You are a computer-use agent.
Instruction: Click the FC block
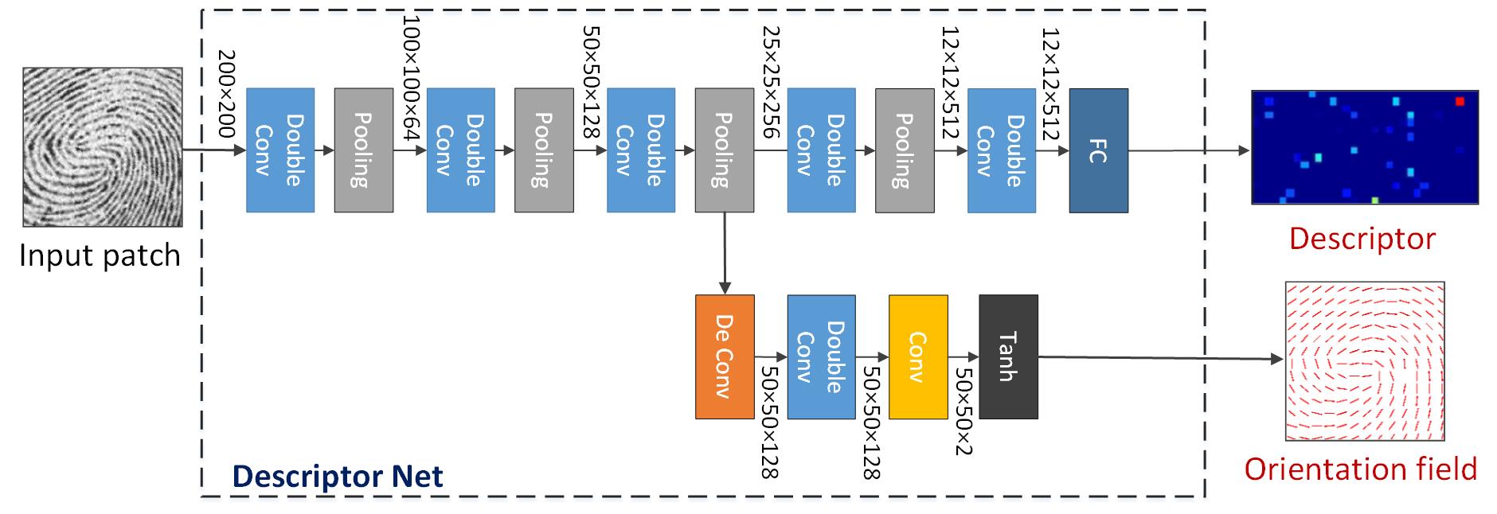1098,150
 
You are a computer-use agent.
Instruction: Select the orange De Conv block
724,356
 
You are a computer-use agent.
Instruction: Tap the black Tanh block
1008,356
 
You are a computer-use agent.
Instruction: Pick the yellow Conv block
917,356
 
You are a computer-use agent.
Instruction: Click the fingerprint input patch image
102,147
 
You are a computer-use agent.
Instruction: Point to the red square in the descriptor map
1460,101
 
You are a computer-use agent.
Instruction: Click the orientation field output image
1364,360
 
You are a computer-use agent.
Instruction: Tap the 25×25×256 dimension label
771,82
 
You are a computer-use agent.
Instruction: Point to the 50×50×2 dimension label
963,411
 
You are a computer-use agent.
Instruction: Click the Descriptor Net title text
337,476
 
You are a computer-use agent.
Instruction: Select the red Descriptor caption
1362,238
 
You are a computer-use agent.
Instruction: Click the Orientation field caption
1360,469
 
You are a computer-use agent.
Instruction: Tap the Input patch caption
100,255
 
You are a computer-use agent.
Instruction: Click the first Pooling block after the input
363,150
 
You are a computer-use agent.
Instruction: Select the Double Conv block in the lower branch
821,356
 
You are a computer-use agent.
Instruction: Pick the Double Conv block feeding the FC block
1001,150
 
